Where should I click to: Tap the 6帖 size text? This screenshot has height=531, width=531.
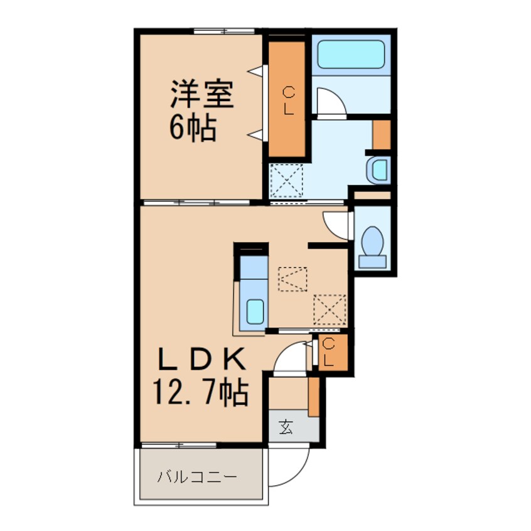click(x=191, y=128)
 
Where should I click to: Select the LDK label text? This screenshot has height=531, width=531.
click(x=200, y=362)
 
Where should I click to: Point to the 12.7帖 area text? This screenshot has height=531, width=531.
click(x=200, y=394)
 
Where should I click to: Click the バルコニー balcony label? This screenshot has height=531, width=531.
click(x=197, y=478)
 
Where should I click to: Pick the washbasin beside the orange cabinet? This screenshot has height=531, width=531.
click(x=379, y=169)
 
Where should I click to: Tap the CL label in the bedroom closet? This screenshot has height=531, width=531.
click(x=288, y=100)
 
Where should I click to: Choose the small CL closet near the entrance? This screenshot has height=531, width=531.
click(x=330, y=352)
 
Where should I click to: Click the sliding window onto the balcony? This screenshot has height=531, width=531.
click(x=180, y=445)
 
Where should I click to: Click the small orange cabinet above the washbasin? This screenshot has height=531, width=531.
click(x=381, y=134)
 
